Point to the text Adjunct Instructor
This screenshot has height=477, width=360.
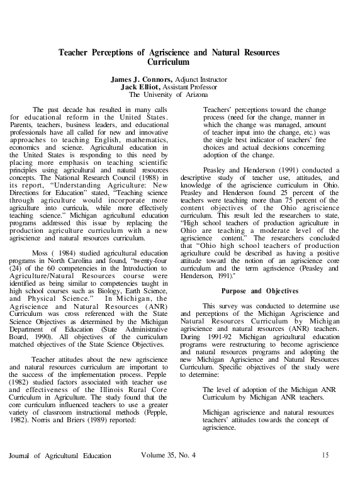click(x=207, y=80)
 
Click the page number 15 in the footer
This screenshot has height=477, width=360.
click(x=325, y=454)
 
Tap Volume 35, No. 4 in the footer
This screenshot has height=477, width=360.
click(x=169, y=454)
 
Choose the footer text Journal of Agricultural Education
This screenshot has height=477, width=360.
click(x=60, y=455)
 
